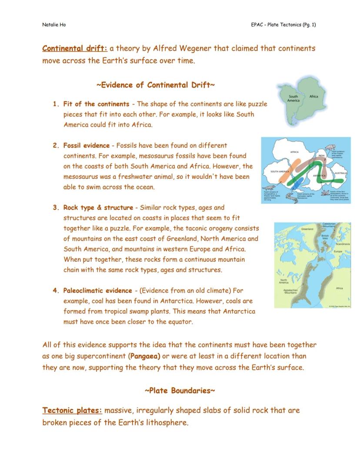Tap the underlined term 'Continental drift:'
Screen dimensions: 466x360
pos(75,48)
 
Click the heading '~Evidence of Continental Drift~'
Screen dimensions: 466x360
pos(155,85)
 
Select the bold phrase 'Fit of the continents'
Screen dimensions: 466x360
pos(96,104)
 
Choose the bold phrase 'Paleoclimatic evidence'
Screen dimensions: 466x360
pos(97,291)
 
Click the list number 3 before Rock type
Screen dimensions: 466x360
pos(56,208)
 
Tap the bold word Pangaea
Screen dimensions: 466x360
pos(145,356)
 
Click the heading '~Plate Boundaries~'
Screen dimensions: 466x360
pos(180,390)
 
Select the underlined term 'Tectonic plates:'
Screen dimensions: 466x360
pos(72,410)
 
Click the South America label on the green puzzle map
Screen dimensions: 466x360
pos(293,99)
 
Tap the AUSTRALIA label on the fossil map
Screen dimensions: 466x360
pos(341,173)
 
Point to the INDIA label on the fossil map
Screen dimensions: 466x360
pos(322,155)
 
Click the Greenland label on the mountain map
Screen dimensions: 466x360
pos(307,228)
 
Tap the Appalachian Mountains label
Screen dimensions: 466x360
pos(290,292)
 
